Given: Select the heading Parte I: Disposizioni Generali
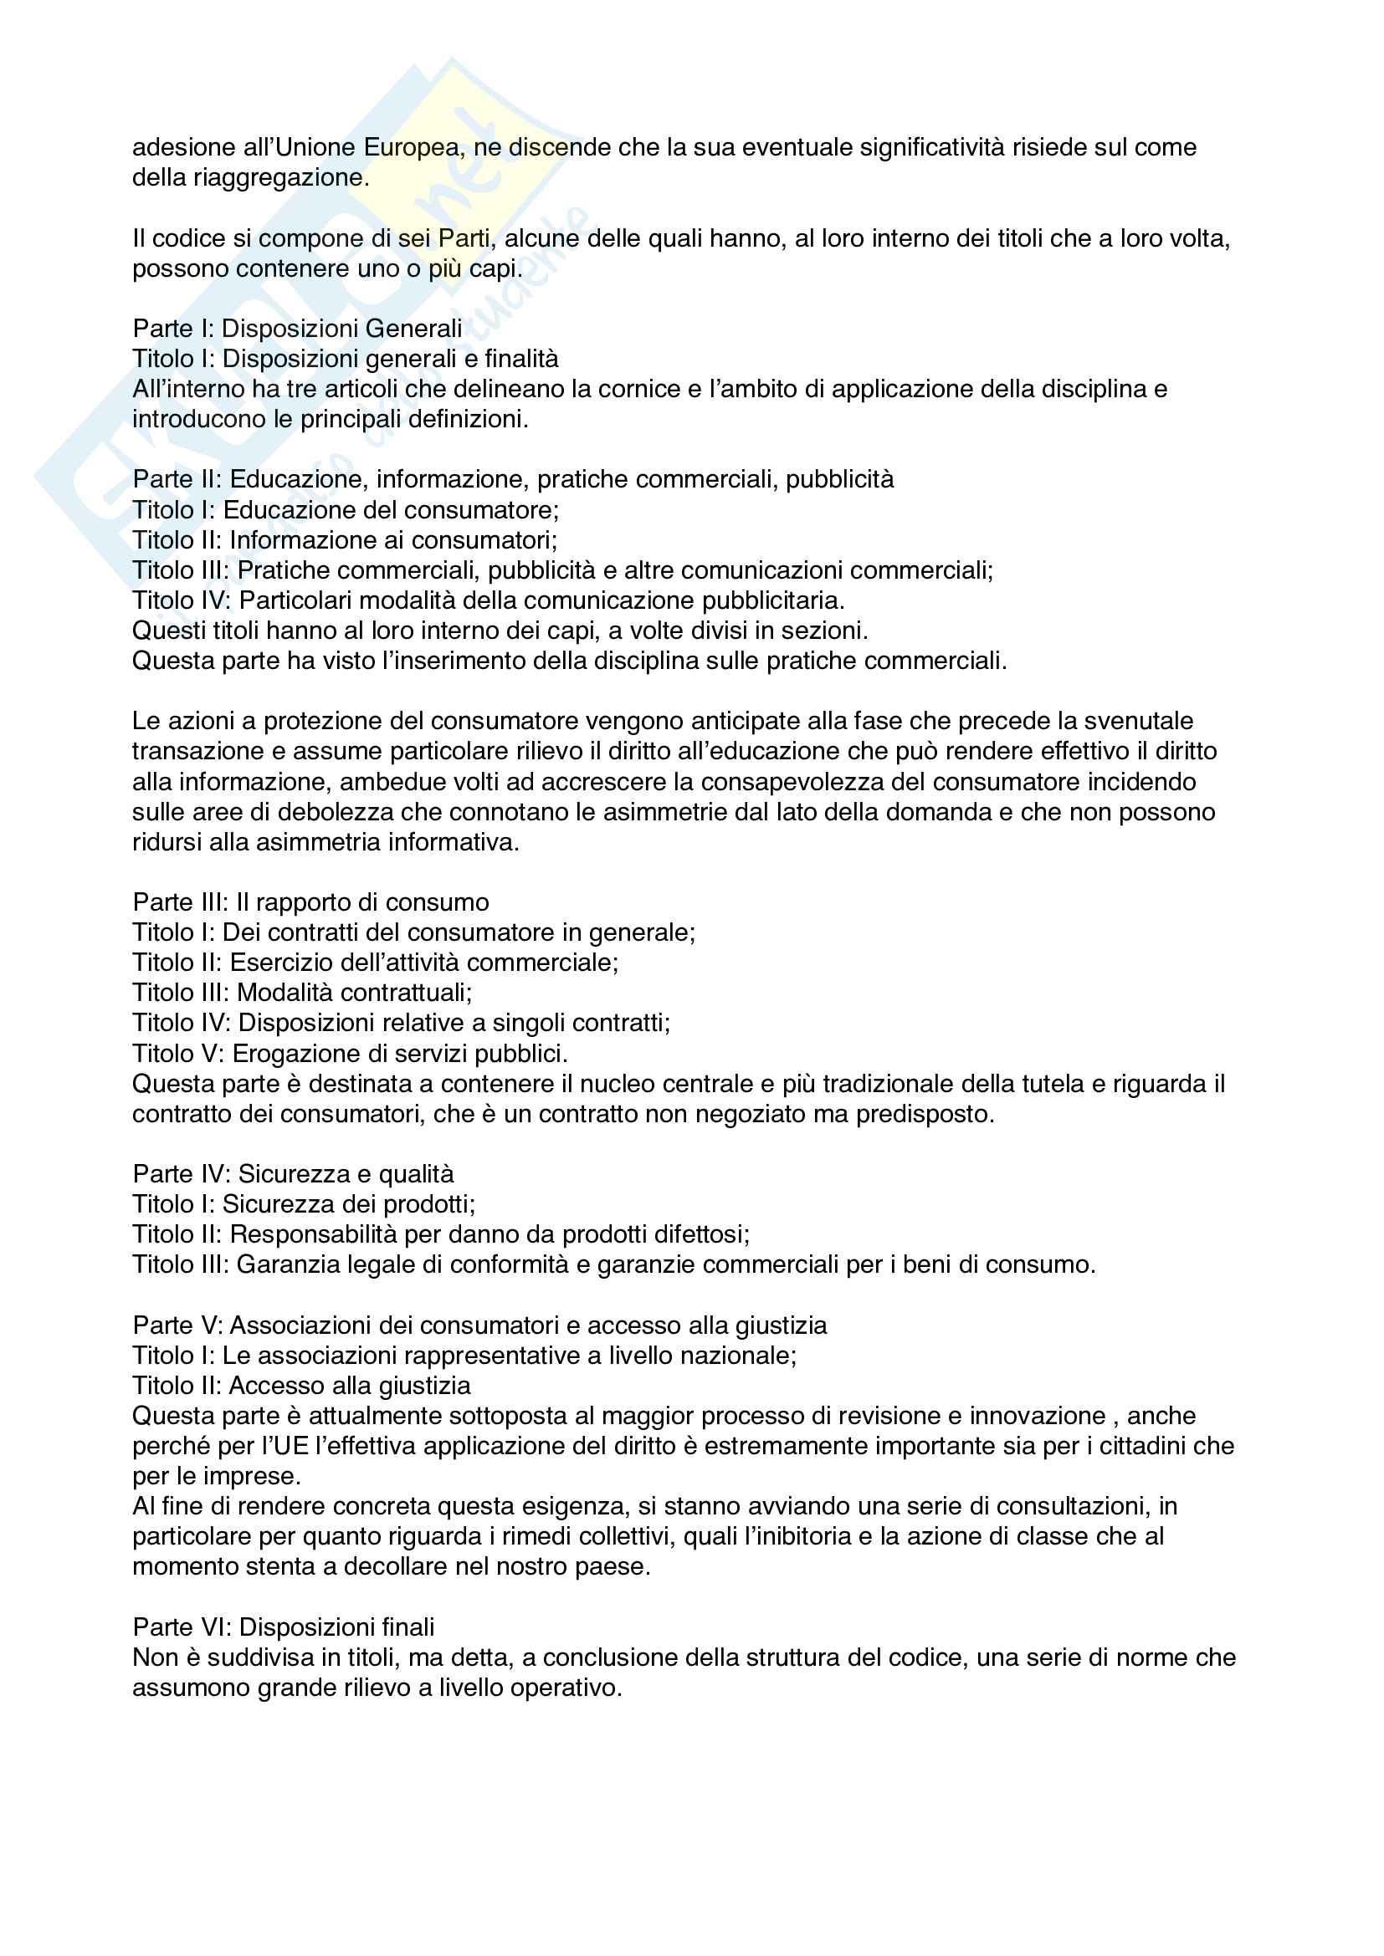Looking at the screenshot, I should click(297, 329).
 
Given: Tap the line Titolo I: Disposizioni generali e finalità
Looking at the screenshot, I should click(345, 359).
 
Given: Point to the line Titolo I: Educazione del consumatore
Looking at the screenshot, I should click(345, 510).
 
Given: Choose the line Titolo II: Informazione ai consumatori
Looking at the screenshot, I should click(344, 540).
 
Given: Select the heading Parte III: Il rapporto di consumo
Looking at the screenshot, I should click(310, 902).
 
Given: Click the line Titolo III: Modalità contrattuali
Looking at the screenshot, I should click(302, 993).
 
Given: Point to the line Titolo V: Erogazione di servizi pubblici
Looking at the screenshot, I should click(350, 1054).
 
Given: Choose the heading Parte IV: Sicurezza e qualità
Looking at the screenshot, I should click(293, 1174).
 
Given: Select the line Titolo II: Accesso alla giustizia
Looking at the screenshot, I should click(301, 1386).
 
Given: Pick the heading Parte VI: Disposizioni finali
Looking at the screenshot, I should click(283, 1627).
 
